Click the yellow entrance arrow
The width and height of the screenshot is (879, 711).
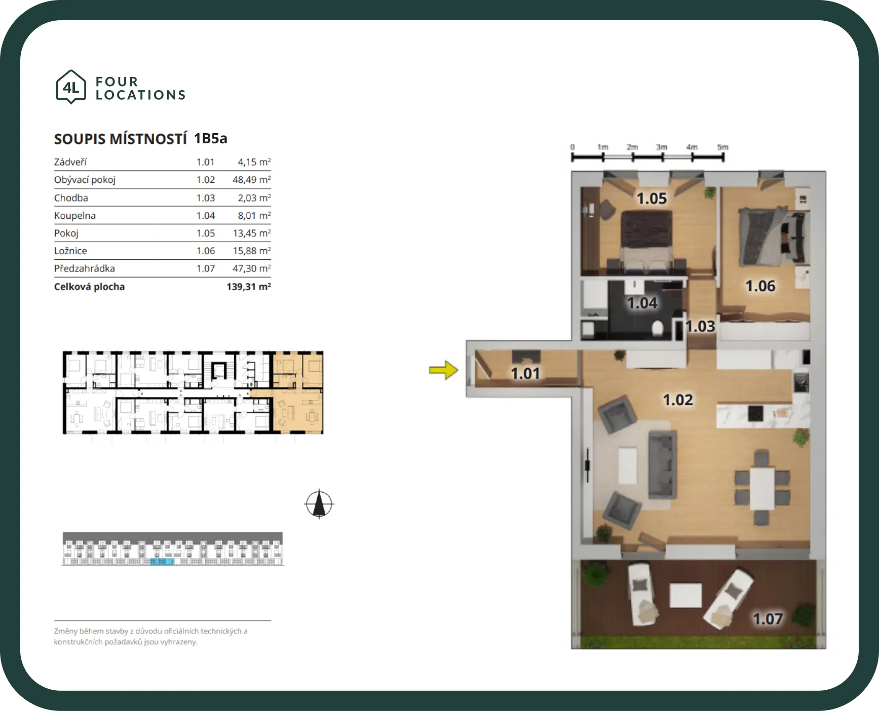pyautogui.click(x=443, y=370)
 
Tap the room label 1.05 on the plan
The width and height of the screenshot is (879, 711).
pyautogui.click(x=652, y=199)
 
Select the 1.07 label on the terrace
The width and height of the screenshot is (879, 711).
pyautogui.click(x=768, y=619)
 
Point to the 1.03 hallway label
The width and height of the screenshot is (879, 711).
pyautogui.click(x=700, y=326)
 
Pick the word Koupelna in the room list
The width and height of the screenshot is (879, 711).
pyautogui.click(x=75, y=216)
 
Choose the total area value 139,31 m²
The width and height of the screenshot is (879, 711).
pyautogui.click(x=249, y=287)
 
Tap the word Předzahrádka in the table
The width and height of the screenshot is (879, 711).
pyautogui.click(x=85, y=268)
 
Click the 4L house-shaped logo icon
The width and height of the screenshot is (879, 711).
pyautogui.click(x=71, y=87)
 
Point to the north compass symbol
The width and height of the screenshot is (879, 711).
pyautogui.click(x=319, y=504)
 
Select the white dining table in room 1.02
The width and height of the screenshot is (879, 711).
pyautogui.click(x=762, y=489)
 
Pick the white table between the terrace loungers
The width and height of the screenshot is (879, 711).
pyautogui.click(x=685, y=596)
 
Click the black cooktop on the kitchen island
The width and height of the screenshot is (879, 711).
pyautogui.click(x=755, y=413)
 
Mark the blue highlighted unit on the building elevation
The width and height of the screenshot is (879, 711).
pyautogui.click(x=162, y=562)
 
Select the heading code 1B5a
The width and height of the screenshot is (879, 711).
pyautogui.click(x=211, y=138)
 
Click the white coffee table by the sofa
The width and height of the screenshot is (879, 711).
pyautogui.click(x=628, y=465)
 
